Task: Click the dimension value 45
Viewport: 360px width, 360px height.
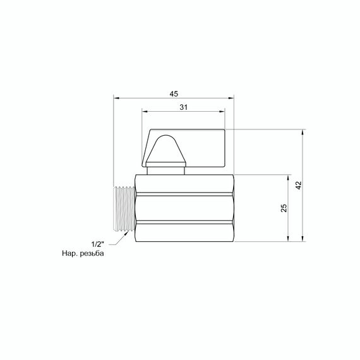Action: (x=173, y=93)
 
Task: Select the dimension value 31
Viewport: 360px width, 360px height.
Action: (x=183, y=107)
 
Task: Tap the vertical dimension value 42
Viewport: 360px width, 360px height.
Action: (x=299, y=185)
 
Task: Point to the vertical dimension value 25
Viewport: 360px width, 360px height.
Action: (x=284, y=208)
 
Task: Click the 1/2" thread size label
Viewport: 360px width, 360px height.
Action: (x=97, y=244)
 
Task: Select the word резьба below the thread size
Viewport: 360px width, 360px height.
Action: (x=91, y=254)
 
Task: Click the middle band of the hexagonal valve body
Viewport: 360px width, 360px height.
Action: (x=183, y=208)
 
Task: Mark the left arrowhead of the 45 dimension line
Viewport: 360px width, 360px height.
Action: (x=116, y=98)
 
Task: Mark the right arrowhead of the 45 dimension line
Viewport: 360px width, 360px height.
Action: (x=231, y=98)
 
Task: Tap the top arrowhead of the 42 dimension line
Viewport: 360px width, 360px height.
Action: (x=304, y=132)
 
